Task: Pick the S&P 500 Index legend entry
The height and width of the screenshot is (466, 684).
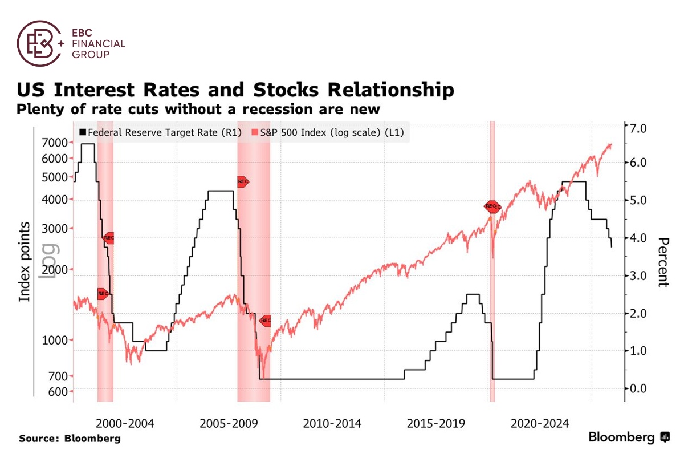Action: click(x=331, y=132)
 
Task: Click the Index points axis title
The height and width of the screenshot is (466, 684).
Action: click(x=25, y=262)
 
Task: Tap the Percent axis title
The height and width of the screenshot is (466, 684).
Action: click(x=663, y=262)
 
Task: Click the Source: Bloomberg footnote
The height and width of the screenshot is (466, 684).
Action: click(x=70, y=439)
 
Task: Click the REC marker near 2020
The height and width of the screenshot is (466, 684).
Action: click(x=491, y=206)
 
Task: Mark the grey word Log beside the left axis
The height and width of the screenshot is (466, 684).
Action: click(x=47, y=262)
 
